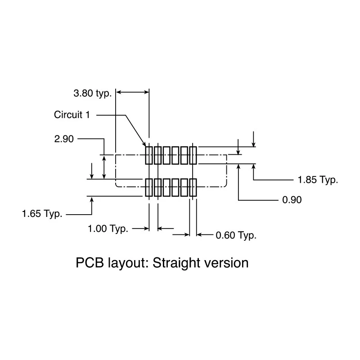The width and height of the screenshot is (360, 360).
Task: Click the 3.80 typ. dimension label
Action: [x=92, y=94]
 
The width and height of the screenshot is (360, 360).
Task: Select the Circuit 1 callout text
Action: [x=72, y=115]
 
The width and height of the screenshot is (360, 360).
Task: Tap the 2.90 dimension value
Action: [x=64, y=139]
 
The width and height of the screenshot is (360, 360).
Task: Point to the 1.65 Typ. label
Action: [x=42, y=214]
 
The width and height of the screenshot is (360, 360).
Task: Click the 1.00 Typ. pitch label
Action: [x=108, y=229]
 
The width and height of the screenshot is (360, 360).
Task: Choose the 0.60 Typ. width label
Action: [x=236, y=235]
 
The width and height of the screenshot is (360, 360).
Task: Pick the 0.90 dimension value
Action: [x=292, y=200]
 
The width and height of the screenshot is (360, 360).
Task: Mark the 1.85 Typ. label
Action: [x=318, y=180]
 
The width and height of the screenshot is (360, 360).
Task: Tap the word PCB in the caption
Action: [x=90, y=262]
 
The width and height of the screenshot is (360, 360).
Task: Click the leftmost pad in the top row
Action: [x=149, y=155]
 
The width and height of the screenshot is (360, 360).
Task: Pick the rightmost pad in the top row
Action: [x=193, y=155]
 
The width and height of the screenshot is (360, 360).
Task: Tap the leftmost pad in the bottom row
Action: [x=149, y=188]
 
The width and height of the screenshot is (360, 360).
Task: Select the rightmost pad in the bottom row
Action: [x=193, y=188]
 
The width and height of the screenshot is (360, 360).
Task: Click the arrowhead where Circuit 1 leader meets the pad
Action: [x=144, y=144]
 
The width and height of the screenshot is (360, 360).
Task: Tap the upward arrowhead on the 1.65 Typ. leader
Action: [x=92, y=199]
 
